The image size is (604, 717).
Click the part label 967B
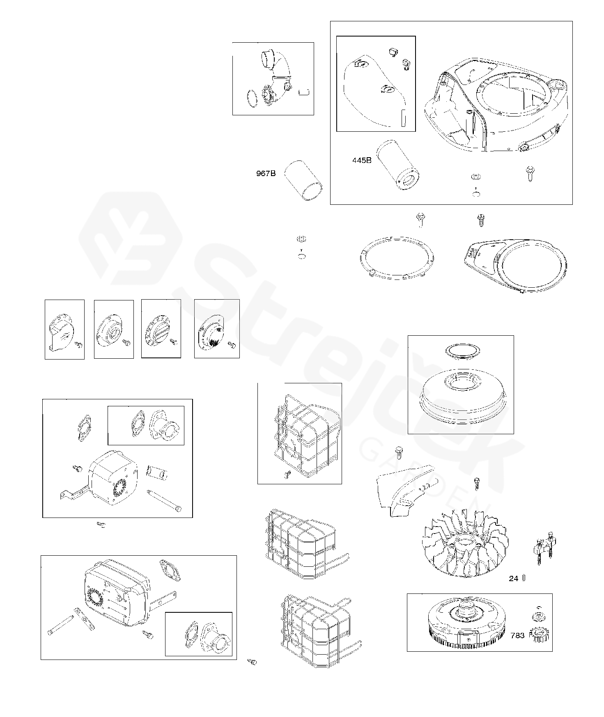(x=266, y=174)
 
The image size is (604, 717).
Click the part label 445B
(x=362, y=160)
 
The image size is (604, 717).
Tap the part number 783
(x=517, y=635)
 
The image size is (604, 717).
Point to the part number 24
(x=513, y=578)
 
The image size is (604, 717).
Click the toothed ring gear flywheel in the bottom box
(x=466, y=626)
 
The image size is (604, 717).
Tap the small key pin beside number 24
(x=524, y=578)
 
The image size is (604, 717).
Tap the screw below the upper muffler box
(x=101, y=524)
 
